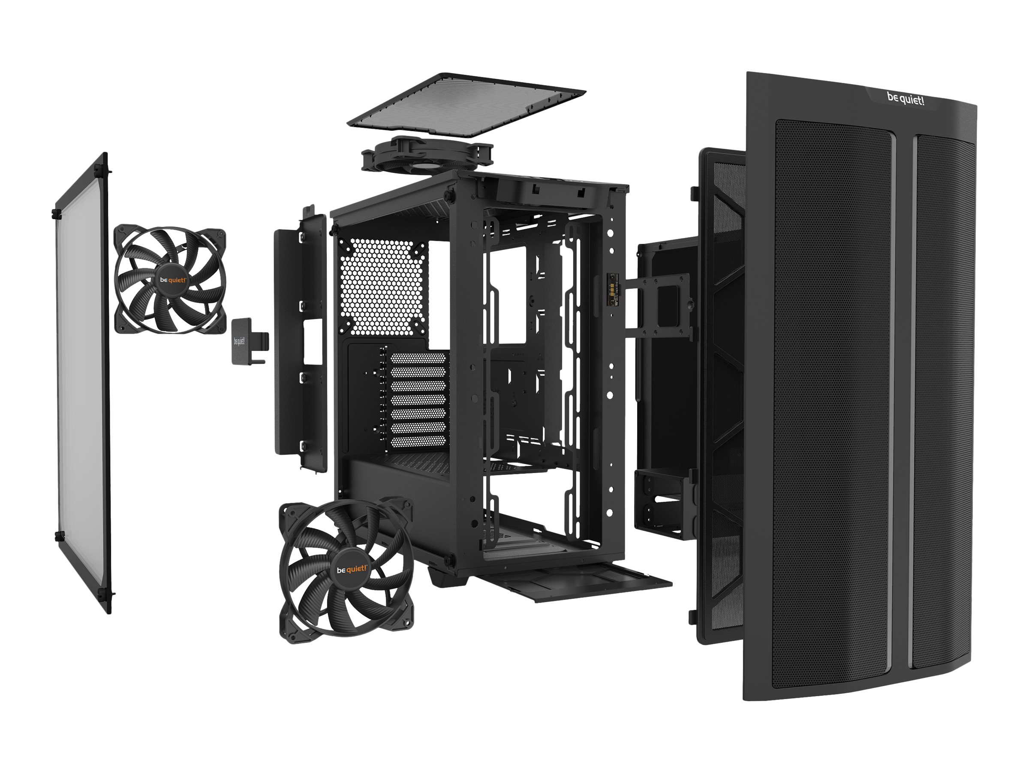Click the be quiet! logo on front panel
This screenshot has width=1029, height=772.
click(x=905, y=99)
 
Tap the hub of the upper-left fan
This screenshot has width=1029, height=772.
click(x=173, y=280)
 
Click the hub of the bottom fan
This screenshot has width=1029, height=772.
click(x=351, y=569)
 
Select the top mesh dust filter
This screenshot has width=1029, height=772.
click(x=465, y=105)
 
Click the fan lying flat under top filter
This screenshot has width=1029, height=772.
click(x=427, y=156)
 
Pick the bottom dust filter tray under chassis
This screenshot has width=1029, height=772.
click(x=577, y=584)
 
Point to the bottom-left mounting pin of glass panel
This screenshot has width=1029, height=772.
click(x=59, y=536)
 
